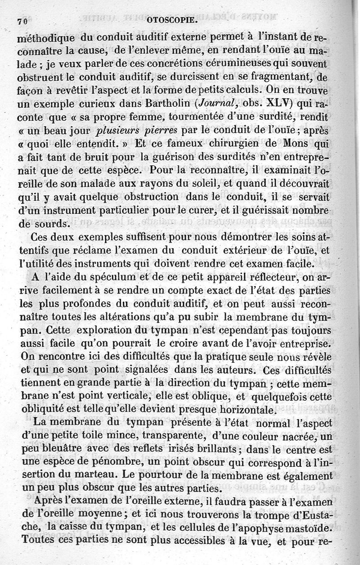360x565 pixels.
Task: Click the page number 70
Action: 23,21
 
